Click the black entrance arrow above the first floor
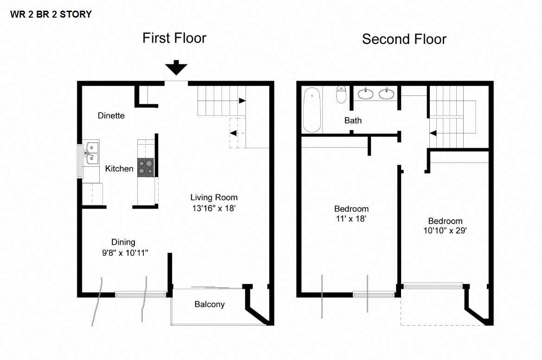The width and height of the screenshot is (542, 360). pyautogui.click(x=176, y=68)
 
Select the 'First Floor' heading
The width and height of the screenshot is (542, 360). pyautogui.click(x=174, y=38)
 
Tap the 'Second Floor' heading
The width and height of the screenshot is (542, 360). pyautogui.click(x=404, y=39)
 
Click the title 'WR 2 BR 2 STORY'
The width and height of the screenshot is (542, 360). pyautogui.click(x=51, y=14)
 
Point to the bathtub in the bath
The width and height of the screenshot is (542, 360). pyautogui.click(x=312, y=110)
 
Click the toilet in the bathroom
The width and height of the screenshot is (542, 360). pyautogui.click(x=342, y=94)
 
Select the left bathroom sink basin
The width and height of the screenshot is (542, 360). pyautogui.click(x=367, y=94)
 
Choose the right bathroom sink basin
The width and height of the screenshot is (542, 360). pyautogui.click(x=387, y=94)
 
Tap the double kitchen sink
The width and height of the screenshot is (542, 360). pyautogui.click(x=91, y=153)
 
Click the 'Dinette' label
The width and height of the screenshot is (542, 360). pyautogui.click(x=111, y=115)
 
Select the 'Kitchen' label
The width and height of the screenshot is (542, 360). pyautogui.click(x=119, y=169)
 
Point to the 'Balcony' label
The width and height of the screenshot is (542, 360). pyautogui.click(x=209, y=304)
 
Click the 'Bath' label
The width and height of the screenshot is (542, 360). pyautogui.click(x=353, y=120)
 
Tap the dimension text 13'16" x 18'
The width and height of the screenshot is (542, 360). pyautogui.click(x=214, y=208)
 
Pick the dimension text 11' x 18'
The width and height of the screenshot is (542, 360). pyautogui.click(x=351, y=219)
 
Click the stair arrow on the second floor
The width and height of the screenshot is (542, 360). pyautogui.click(x=433, y=133)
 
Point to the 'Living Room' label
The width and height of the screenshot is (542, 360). pyautogui.click(x=214, y=197)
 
